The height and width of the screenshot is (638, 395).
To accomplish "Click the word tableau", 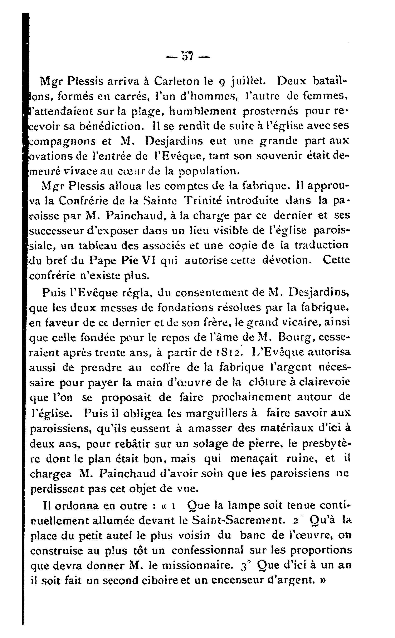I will click(x=87, y=246).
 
